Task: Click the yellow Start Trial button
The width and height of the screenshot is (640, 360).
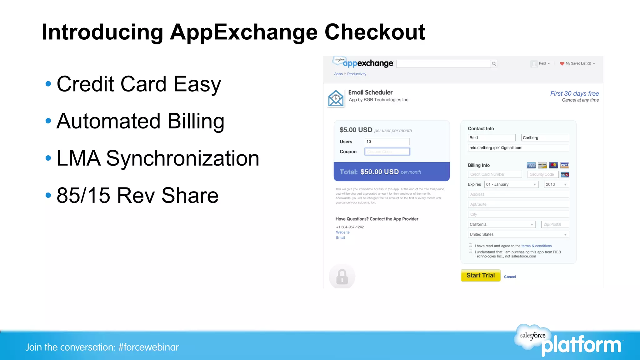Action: (x=480, y=276)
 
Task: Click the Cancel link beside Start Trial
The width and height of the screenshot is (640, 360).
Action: (x=510, y=277)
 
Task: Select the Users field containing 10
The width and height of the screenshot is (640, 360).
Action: (x=387, y=142)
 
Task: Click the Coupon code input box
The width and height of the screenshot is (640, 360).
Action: (x=387, y=152)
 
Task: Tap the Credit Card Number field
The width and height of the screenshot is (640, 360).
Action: (x=495, y=174)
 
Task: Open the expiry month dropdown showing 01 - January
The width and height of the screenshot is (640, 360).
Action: (x=511, y=184)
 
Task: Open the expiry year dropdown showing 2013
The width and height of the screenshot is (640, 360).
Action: (x=556, y=184)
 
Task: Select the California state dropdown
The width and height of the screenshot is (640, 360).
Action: (x=502, y=224)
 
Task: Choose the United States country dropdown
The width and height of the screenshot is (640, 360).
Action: (x=518, y=234)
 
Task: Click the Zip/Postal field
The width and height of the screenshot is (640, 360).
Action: (x=555, y=224)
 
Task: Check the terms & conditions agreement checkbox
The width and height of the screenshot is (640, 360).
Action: (x=470, y=245)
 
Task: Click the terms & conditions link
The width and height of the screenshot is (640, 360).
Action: (x=537, y=246)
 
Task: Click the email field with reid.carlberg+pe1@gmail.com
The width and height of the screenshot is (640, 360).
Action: (x=518, y=148)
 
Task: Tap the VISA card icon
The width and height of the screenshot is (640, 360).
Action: (x=564, y=165)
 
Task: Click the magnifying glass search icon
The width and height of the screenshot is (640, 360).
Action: (x=494, y=64)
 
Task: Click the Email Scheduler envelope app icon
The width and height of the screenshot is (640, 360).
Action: (x=336, y=98)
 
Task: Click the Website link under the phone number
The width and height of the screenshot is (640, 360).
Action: (x=343, y=232)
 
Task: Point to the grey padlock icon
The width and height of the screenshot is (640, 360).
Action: (x=342, y=277)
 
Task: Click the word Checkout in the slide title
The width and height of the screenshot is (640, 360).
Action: (x=375, y=32)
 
